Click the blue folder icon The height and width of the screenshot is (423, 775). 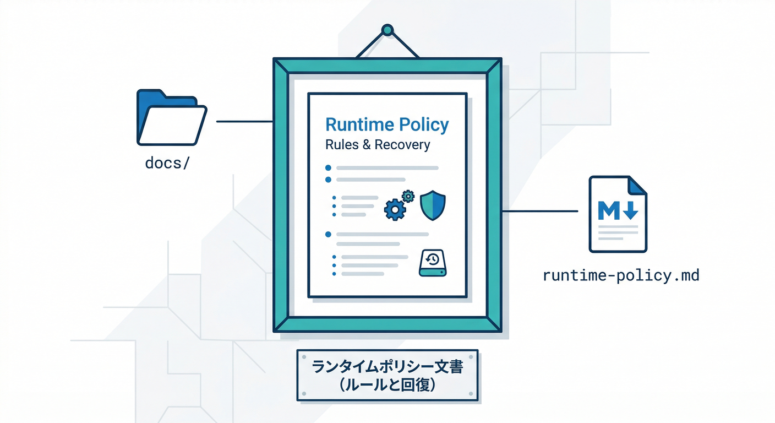tap(171, 118)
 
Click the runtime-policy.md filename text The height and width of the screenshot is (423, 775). tap(621, 275)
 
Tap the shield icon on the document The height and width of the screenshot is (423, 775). tap(433, 205)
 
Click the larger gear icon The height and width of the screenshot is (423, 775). tap(394, 210)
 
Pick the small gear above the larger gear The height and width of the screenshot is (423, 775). tap(408, 196)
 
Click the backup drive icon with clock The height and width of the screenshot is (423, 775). tap(434, 263)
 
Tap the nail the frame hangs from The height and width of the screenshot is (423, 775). tap(387, 29)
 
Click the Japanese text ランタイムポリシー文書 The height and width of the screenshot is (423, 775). tap(387, 367)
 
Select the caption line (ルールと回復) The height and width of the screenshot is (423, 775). tap(387, 385)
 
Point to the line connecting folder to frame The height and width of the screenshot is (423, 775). tap(245, 121)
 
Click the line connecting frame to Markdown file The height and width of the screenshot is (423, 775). tap(540, 211)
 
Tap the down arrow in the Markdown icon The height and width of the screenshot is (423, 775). tap(630, 210)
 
